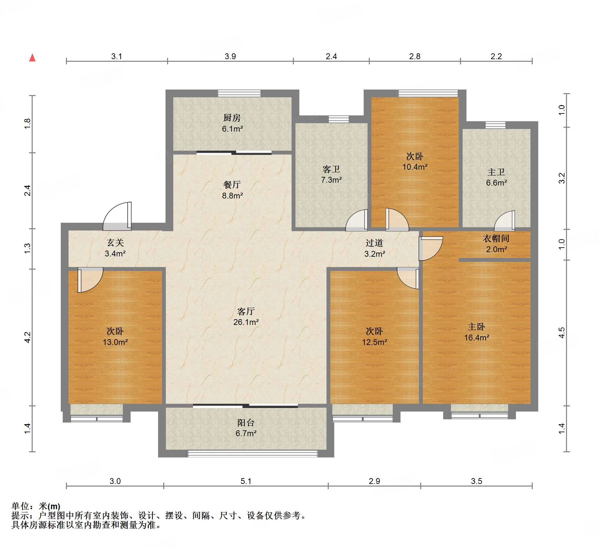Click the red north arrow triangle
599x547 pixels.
click(x=32, y=58)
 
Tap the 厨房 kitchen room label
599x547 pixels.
click(x=232, y=118)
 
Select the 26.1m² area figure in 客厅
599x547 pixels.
click(x=246, y=322)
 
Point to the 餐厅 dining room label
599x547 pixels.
click(x=232, y=185)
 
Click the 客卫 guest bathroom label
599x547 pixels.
click(x=331, y=169)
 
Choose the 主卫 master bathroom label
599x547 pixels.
click(x=496, y=172)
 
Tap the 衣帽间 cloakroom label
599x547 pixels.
click(x=496, y=239)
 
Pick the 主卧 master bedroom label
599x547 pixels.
click(x=476, y=327)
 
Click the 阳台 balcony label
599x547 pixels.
click(x=246, y=423)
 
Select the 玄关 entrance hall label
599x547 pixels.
click(x=115, y=243)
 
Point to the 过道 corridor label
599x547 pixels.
click(x=374, y=243)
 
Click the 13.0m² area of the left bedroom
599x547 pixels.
click(x=115, y=342)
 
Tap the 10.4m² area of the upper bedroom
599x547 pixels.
click(x=415, y=167)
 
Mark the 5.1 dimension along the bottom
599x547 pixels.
click(x=246, y=481)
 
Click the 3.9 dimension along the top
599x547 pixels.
click(x=230, y=56)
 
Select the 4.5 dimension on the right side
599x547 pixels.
click(x=562, y=333)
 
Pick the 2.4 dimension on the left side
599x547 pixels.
click(x=27, y=190)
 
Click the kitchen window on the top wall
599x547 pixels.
click(x=239, y=93)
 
